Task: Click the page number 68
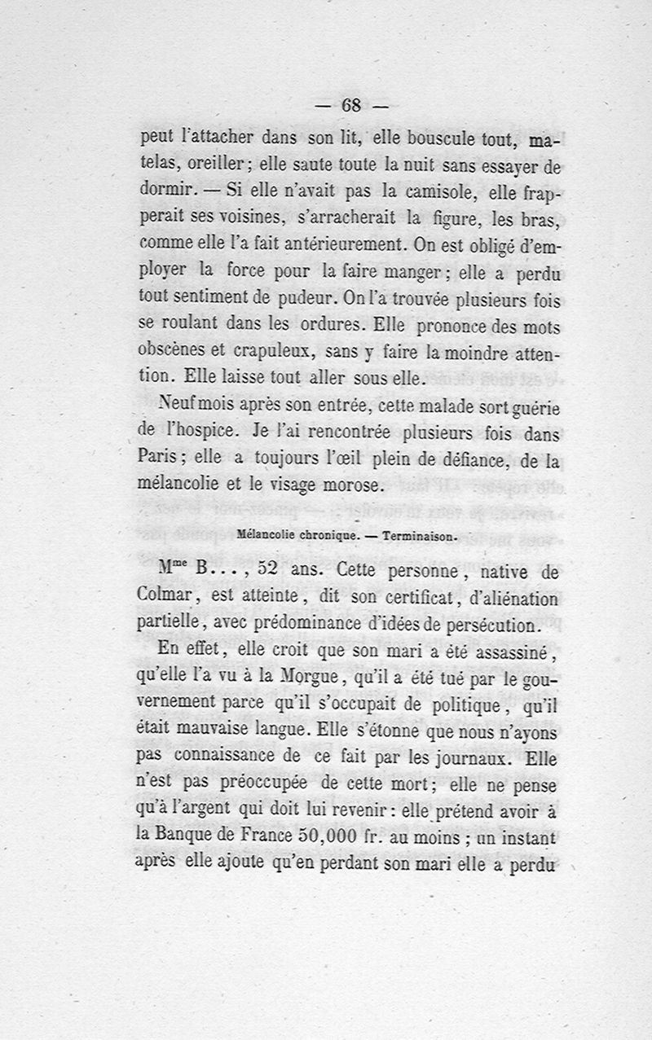pyautogui.click(x=351, y=106)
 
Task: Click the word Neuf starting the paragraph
pyautogui.click(x=174, y=403)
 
